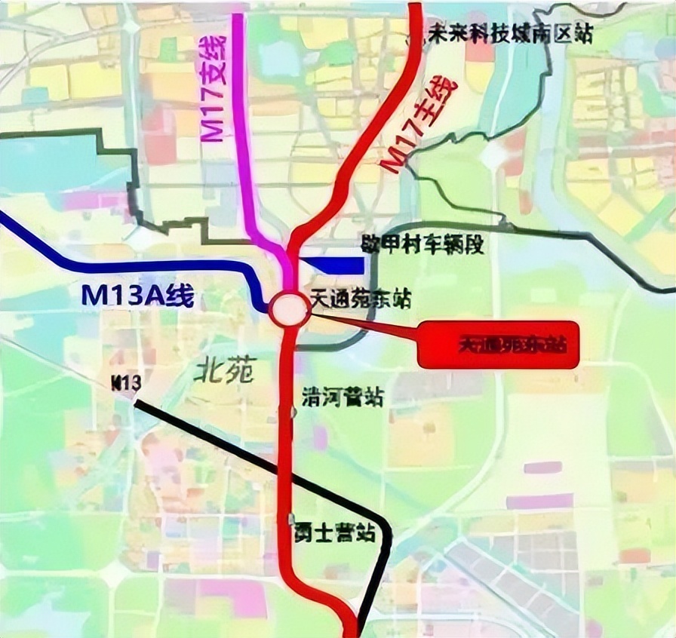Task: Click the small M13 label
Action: [x=126, y=383]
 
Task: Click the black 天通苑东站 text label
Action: [x=361, y=299]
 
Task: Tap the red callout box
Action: [x=498, y=345]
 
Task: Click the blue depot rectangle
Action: [x=332, y=265]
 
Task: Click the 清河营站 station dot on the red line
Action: [x=291, y=411]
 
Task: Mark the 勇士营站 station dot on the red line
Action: [x=291, y=520]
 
